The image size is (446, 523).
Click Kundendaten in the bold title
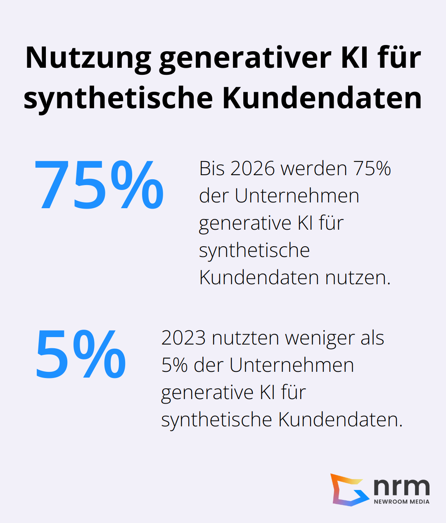click(322, 98)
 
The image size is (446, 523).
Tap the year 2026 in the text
click(252, 169)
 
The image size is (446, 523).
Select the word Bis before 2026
click(212, 169)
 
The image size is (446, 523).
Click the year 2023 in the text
click(183, 338)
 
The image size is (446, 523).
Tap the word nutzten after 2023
click(245, 338)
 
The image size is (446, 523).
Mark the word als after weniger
click(372, 338)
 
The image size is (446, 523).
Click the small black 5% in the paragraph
click(174, 365)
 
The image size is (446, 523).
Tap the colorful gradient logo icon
click(349, 490)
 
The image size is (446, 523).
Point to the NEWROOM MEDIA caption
click(401, 502)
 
